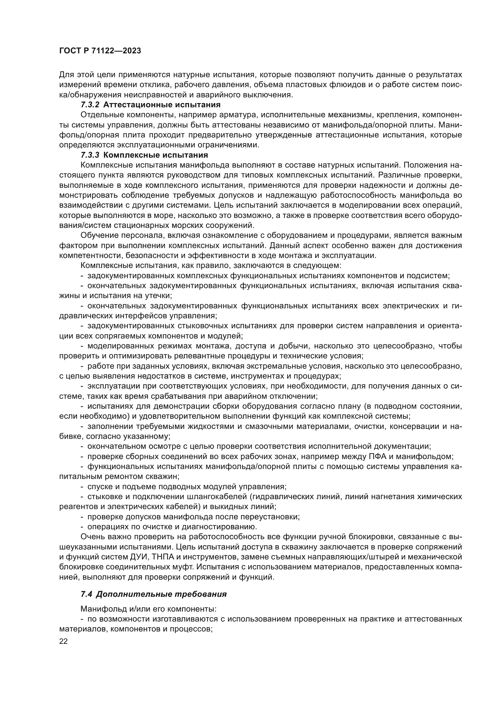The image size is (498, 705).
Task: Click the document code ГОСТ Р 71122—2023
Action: [100, 51]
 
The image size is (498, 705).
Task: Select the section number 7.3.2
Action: [90, 105]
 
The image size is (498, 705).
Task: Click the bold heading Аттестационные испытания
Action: [162, 105]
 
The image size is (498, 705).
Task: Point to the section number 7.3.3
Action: [90, 155]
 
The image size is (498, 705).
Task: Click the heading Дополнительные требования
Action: [161, 594]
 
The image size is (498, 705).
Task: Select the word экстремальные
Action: [274, 366]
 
